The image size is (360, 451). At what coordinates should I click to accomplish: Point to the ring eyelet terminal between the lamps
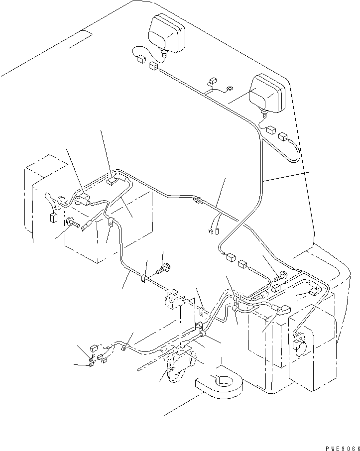(230, 90)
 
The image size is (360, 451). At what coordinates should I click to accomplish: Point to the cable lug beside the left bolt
(85, 225)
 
